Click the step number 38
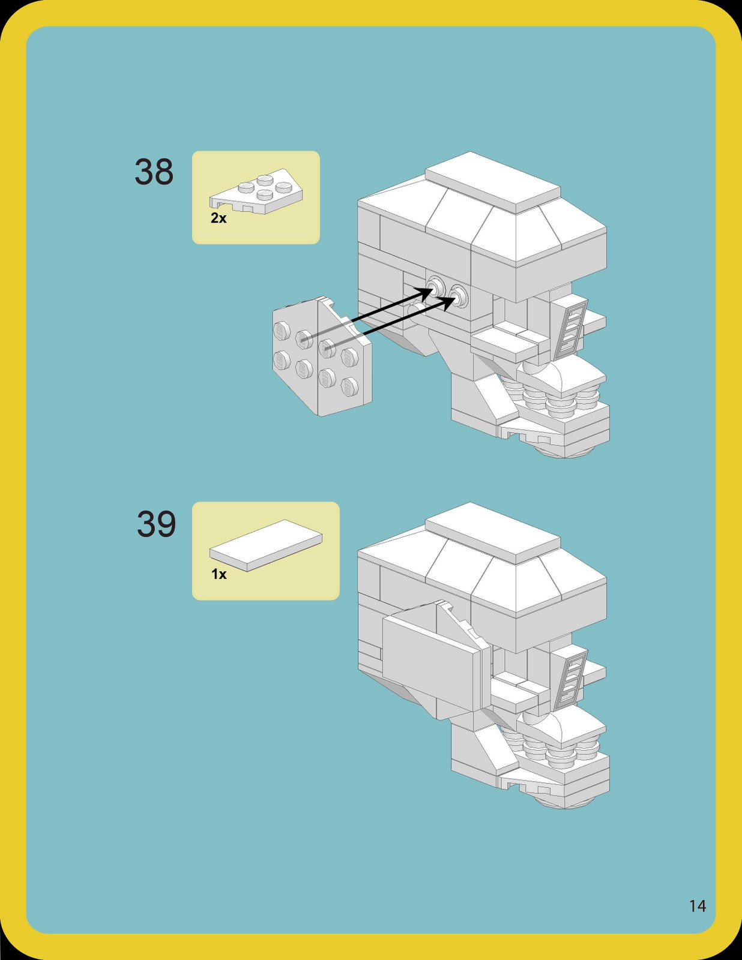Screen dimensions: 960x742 [154, 172]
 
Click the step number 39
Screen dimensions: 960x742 [156, 524]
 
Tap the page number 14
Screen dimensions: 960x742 [697, 906]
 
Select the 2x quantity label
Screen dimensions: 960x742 [219, 218]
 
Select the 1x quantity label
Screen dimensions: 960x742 [219, 574]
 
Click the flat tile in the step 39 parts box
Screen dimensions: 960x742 [265, 544]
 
